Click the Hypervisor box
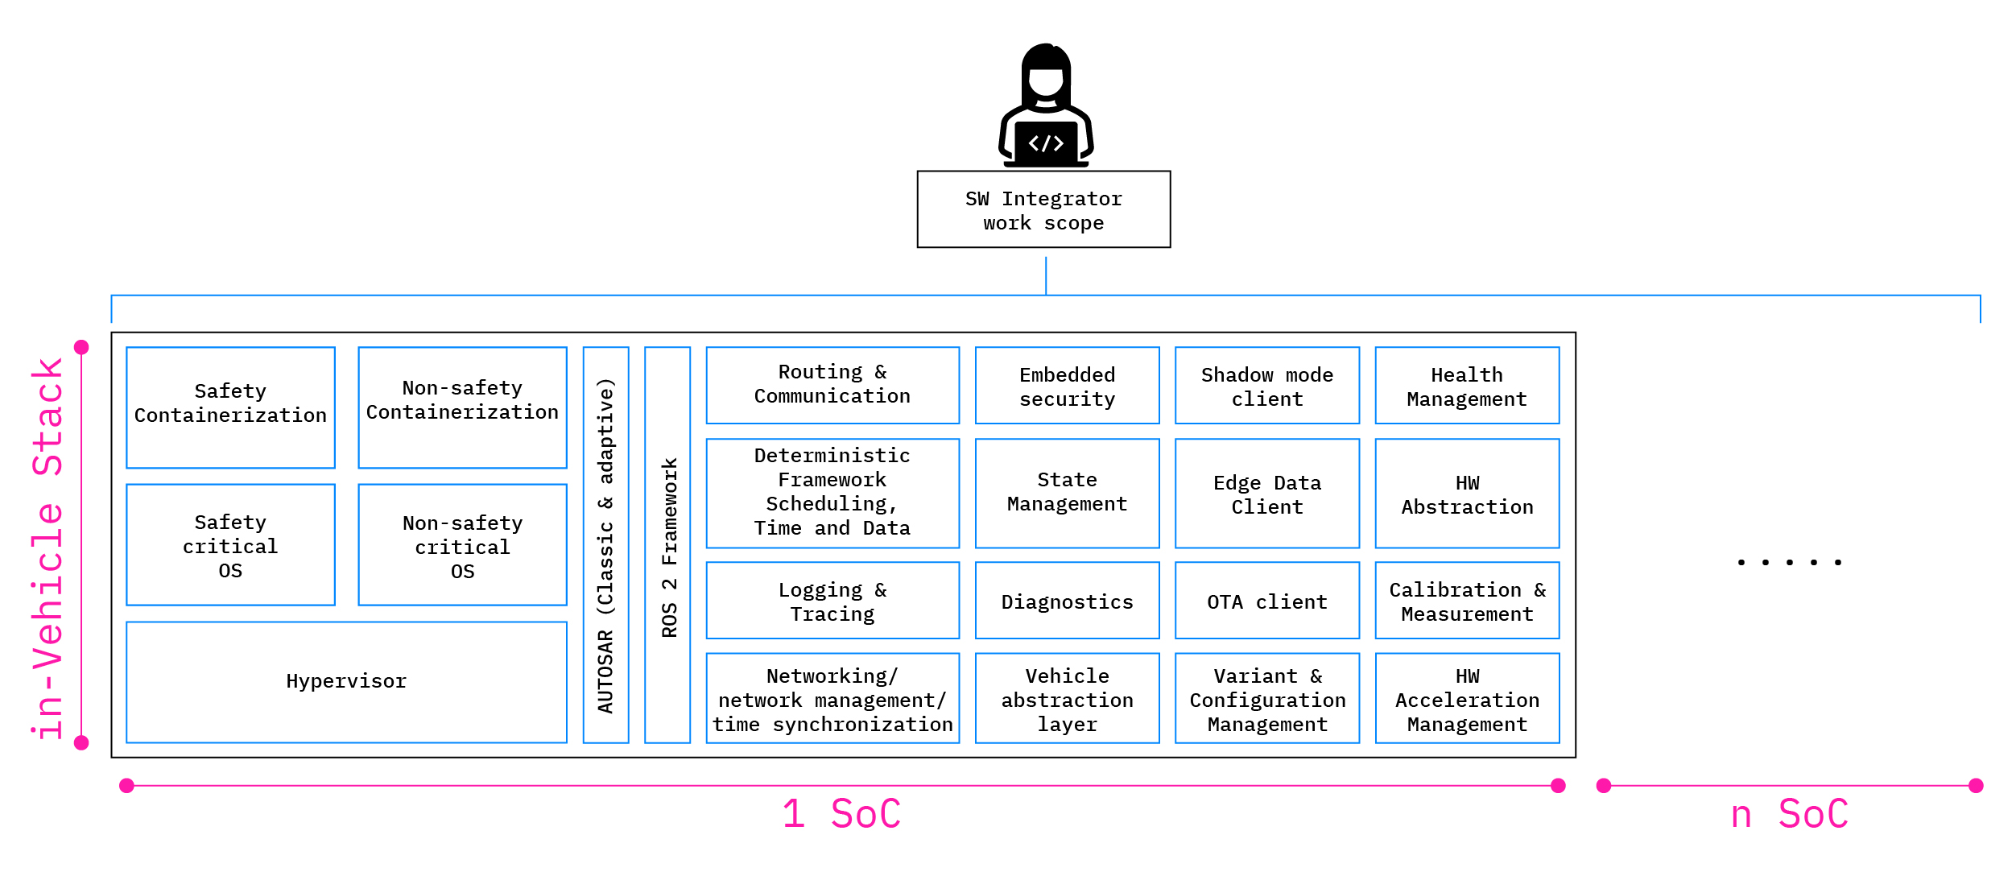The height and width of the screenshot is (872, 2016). (x=346, y=681)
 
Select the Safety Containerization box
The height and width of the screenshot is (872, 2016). (x=230, y=407)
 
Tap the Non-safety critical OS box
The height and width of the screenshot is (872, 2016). (x=462, y=544)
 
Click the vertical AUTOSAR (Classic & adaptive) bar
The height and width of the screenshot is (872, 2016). (x=605, y=544)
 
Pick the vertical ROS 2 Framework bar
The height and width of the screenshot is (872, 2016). (x=667, y=544)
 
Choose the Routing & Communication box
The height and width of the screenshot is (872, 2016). (x=832, y=385)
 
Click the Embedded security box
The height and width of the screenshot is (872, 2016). (x=1067, y=385)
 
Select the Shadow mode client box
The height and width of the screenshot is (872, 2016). (x=1266, y=385)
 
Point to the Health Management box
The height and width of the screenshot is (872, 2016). (x=1466, y=385)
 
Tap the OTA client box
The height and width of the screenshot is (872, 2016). (x=1266, y=601)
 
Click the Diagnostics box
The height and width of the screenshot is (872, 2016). (x=1067, y=601)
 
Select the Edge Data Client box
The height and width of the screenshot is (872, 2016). (x=1266, y=493)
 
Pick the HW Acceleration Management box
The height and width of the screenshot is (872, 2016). (x=1466, y=697)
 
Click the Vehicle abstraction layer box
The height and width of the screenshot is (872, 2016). (x=1067, y=697)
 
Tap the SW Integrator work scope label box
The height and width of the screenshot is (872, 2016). (x=1043, y=209)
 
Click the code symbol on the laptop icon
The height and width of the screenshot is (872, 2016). (x=1046, y=143)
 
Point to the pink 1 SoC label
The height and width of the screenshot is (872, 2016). (x=841, y=814)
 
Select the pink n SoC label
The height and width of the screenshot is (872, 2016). (x=1789, y=814)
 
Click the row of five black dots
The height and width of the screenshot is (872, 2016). (x=1789, y=562)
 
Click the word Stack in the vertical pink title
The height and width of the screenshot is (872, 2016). (x=48, y=416)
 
